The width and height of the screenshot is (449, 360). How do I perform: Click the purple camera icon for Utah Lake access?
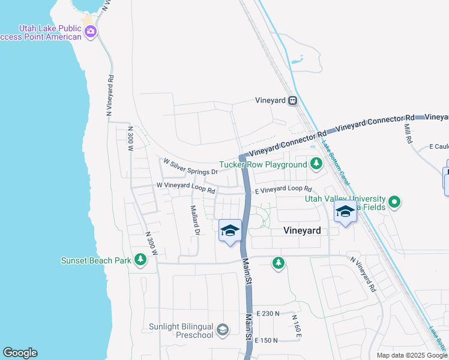91,32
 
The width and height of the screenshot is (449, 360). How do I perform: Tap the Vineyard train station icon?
292,101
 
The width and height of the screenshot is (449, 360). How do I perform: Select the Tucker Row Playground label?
263,164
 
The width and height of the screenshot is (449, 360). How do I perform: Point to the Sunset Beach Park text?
95,260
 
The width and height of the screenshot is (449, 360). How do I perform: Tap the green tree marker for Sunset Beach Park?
140,260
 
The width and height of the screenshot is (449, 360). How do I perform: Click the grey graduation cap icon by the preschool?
223,329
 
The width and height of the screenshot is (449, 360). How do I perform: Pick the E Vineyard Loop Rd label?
284,190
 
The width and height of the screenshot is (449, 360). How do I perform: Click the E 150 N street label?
267,340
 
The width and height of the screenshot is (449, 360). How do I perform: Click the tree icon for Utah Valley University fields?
394,203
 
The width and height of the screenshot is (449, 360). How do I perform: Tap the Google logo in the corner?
20,353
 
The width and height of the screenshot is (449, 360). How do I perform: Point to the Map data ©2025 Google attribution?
412,355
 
